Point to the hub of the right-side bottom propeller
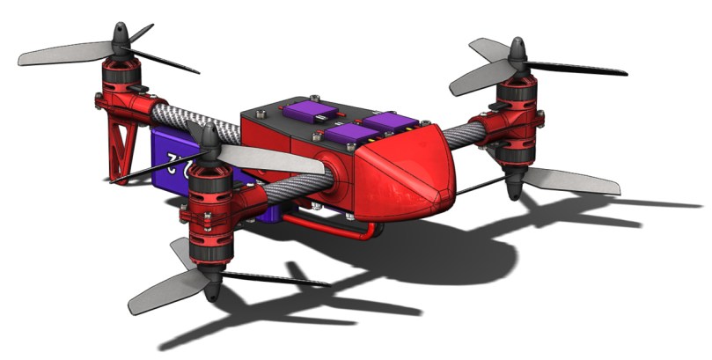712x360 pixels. point(513,185)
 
